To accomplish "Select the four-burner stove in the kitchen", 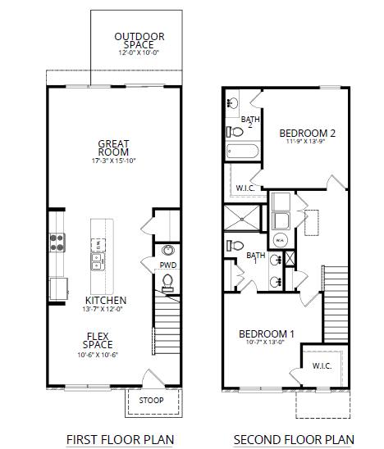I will pos(57,242).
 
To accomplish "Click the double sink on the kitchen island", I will pos(97,261).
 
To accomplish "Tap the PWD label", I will pos(167,265).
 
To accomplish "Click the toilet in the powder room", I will pos(168,283).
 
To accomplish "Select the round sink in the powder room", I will pos(167,250).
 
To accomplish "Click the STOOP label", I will pos(149,401).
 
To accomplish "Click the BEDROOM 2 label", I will pos(308,132).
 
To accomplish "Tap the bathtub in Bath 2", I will pos(242,152).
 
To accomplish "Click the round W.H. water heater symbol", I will pos(279,240).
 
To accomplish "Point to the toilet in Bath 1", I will pos(233,244).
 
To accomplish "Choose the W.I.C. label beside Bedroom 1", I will pos(322,366).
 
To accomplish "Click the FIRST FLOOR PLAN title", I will pos(120,439).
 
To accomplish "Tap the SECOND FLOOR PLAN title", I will pos(294,439).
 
